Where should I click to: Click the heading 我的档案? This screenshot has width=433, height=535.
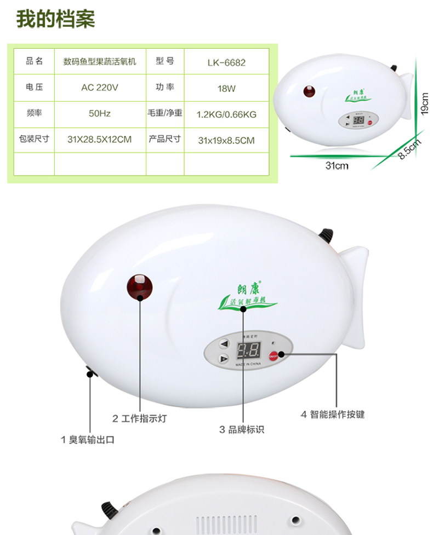point(55,18)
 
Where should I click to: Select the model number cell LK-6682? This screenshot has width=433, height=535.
point(226,62)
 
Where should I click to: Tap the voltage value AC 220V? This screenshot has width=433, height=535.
point(100,88)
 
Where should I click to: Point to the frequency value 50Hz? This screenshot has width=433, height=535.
point(100,113)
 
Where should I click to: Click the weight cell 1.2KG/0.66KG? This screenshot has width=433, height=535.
point(226,114)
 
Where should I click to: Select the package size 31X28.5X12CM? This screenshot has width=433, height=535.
point(100,139)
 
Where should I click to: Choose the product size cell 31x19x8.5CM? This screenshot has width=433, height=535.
point(226,140)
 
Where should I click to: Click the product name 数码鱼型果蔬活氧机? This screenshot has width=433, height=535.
point(100,61)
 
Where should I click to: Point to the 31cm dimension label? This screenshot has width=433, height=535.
point(337,165)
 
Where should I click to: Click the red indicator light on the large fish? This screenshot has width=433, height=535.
point(140,286)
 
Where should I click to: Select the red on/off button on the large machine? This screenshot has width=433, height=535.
point(275,355)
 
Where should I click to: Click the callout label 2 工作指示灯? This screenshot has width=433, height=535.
point(139,418)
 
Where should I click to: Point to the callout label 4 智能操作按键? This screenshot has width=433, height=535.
point(333,414)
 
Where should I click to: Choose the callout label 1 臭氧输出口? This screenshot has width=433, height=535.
point(88,439)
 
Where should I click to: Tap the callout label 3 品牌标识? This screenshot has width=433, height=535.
point(242,429)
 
